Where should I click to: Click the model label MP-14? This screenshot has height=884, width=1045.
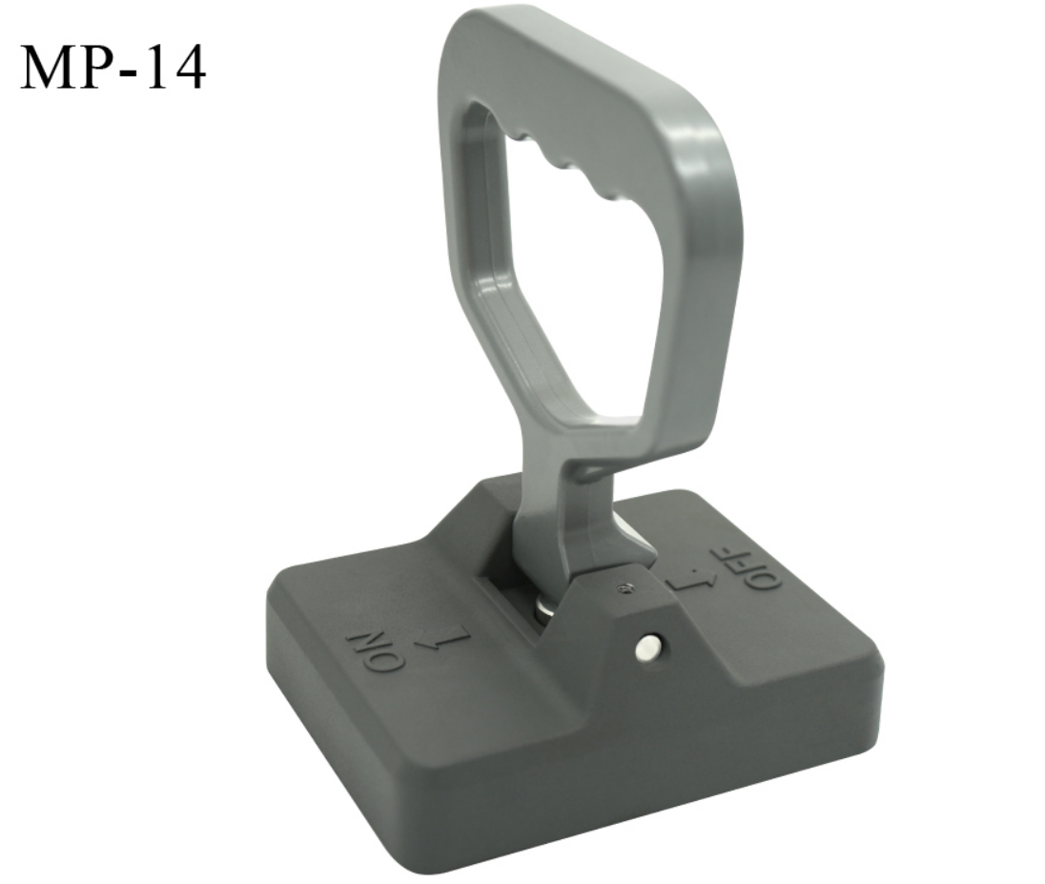tap(113, 67)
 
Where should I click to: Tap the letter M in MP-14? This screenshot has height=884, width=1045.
tap(46, 67)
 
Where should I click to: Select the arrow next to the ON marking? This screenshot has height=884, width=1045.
tap(441, 640)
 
